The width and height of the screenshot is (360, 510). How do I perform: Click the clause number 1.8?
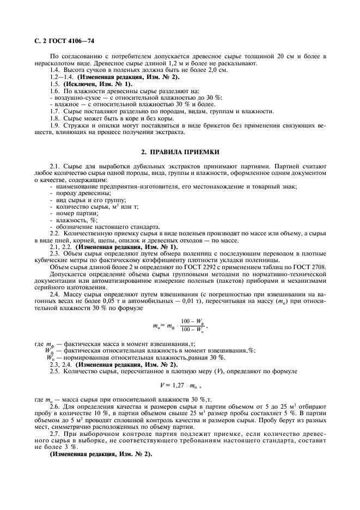tap(54, 118)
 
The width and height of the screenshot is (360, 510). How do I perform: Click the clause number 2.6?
tap(54, 407)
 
